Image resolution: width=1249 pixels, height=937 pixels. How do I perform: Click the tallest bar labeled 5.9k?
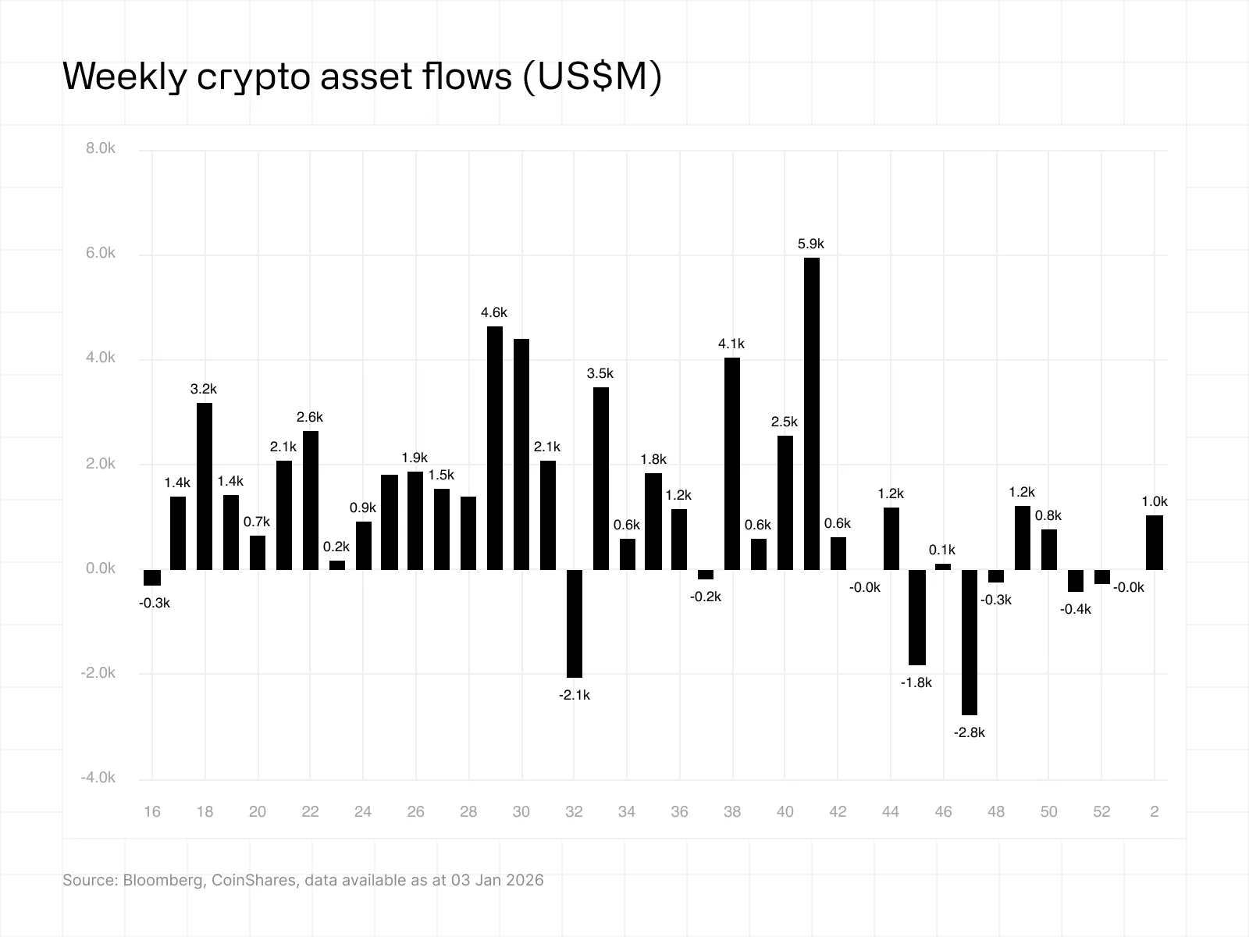pos(812,413)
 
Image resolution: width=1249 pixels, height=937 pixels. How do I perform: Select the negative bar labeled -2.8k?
pos(970,642)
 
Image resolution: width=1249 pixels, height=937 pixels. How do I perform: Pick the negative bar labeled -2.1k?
pos(575,623)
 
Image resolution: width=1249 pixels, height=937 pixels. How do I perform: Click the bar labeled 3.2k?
pos(205,486)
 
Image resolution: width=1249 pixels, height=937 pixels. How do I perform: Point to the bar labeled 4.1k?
pos(732,463)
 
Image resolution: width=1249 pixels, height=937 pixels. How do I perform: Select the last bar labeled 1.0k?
pos(1155,542)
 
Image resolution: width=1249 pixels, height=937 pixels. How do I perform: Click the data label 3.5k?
pos(600,373)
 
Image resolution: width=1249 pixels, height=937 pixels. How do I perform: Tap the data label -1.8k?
pos(916,682)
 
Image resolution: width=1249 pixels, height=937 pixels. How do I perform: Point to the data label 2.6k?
pos(310,417)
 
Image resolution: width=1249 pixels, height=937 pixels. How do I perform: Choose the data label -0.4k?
pos(1075,609)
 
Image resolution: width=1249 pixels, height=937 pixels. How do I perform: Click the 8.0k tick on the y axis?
pos(101,148)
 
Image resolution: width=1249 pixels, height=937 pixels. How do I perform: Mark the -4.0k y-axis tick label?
pos(98,778)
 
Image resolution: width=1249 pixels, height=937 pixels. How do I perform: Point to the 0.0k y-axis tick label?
pos(101,568)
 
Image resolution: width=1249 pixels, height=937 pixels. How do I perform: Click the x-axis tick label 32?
pos(574,812)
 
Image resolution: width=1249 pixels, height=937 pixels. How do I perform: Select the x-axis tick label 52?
pos(1101,812)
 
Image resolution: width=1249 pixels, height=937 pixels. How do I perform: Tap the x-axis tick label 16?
pos(152,812)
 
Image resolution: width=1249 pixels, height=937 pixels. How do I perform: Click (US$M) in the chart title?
pos(591,77)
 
